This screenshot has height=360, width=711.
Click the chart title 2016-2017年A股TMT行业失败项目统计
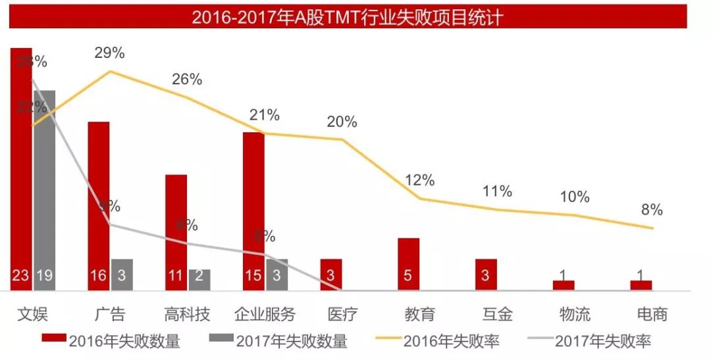348,16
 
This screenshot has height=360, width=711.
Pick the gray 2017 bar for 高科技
199,279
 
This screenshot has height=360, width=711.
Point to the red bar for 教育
408,263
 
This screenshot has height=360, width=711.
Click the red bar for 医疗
331,274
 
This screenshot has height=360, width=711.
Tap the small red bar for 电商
641,285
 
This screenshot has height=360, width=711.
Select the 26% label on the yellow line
187,80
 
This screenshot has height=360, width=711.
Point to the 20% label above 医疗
342,122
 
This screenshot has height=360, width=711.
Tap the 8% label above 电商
652,211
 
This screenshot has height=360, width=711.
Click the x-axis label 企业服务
265,314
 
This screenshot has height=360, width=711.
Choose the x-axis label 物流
575,314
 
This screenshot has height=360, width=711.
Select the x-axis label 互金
497,314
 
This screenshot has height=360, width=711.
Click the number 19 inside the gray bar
45,275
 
